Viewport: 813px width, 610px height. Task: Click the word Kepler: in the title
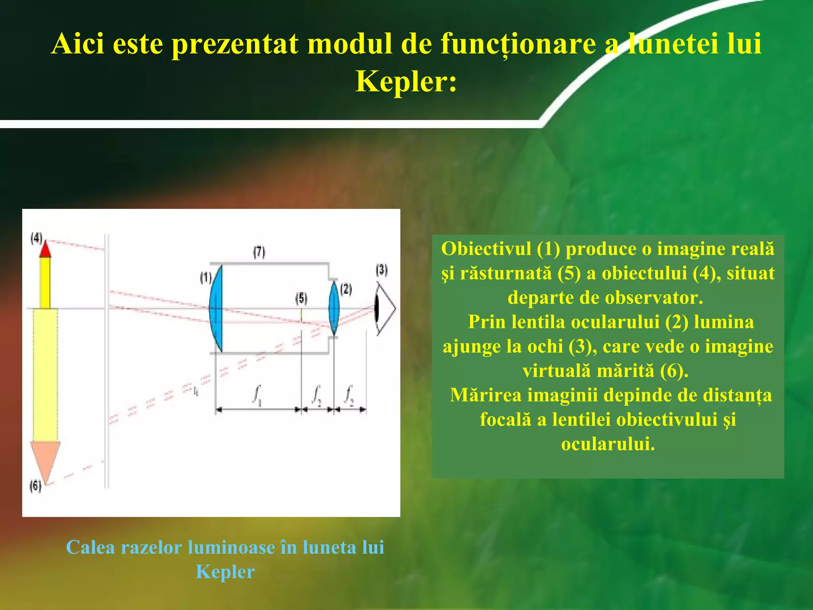click(x=406, y=82)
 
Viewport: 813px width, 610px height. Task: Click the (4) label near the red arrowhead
click(x=36, y=238)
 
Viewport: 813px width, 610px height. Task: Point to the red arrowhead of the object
click(x=45, y=249)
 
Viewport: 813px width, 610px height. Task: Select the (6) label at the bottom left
click(x=35, y=486)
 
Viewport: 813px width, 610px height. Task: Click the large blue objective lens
click(x=216, y=309)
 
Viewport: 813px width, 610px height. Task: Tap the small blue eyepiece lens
click(x=334, y=308)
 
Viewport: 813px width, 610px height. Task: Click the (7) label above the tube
click(x=259, y=252)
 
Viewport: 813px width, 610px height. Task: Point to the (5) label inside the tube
click(x=301, y=298)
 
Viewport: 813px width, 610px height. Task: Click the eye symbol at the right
click(x=385, y=309)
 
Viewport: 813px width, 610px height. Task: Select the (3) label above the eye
click(x=381, y=270)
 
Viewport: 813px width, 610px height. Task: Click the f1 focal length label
click(x=257, y=395)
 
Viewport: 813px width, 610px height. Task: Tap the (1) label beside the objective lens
click(x=206, y=278)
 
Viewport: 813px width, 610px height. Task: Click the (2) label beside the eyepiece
click(x=346, y=289)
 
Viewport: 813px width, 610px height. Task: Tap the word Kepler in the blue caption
click(x=225, y=572)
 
